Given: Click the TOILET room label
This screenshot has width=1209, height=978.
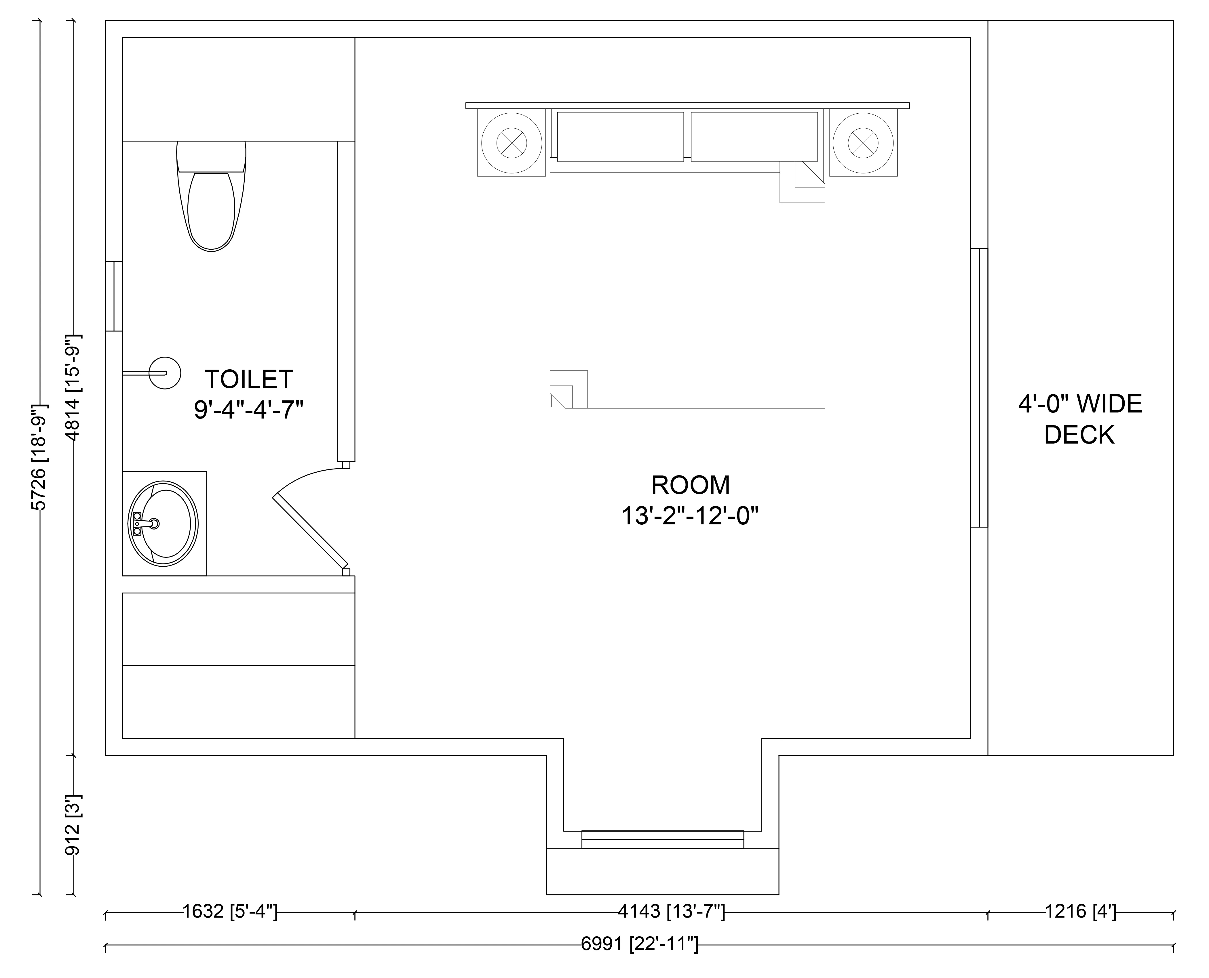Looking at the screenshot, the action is point(248,379).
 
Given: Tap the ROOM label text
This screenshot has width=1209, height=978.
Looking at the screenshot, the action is point(691,485).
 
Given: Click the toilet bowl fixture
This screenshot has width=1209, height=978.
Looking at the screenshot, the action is point(211,196).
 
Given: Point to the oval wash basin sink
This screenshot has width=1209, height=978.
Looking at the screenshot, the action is point(163,523).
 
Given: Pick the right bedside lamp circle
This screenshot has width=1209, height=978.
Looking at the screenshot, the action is point(863,143).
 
